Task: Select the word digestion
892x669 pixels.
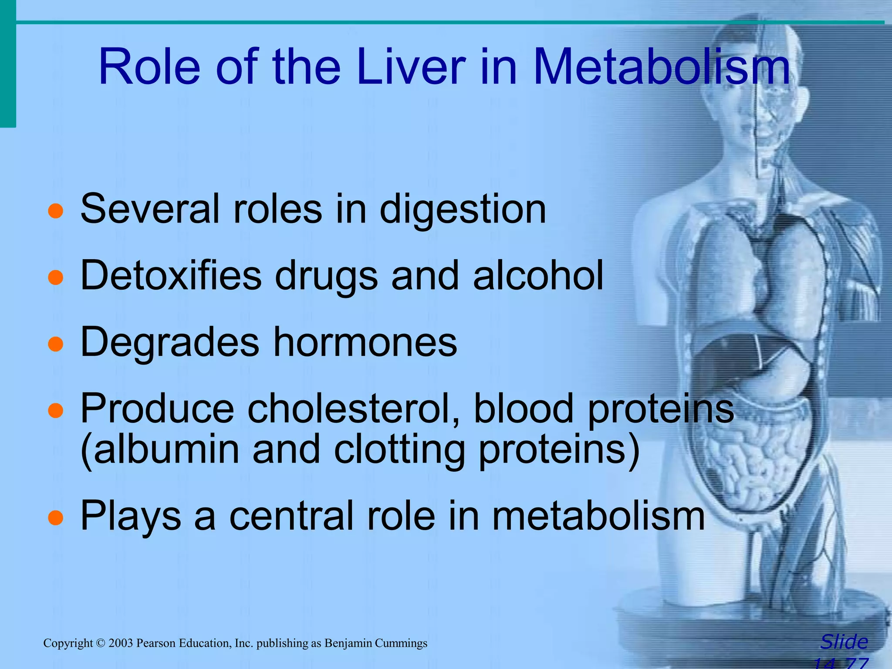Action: (463, 210)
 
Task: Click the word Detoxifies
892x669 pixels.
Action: (171, 275)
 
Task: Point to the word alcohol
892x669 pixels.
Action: (538, 275)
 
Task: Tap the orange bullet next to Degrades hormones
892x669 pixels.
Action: (56, 344)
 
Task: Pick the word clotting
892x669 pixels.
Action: (399, 449)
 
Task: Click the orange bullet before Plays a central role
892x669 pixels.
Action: (56, 518)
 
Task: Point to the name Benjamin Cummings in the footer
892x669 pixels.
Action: (376, 643)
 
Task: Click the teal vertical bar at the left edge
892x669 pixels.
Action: (7, 65)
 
